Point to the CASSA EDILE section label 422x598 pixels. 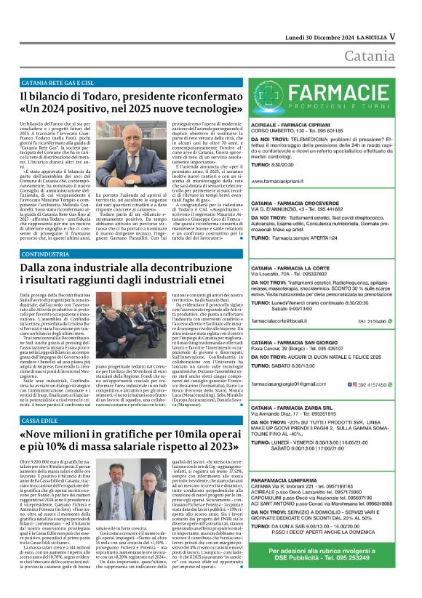[x=44, y=421]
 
